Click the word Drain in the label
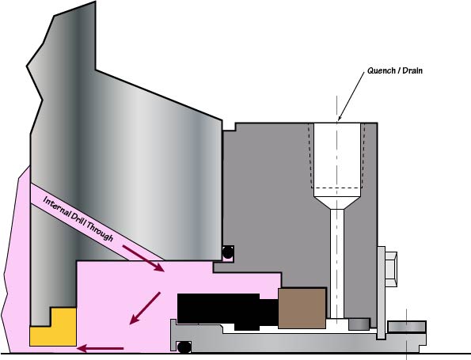click(x=412, y=71)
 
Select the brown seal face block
click(x=302, y=309)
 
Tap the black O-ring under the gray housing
click(x=228, y=252)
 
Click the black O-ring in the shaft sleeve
click(x=184, y=347)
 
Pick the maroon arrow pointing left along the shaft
click(x=101, y=349)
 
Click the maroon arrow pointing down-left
click(x=145, y=308)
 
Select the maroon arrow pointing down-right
click(x=143, y=258)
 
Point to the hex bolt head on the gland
click(x=391, y=269)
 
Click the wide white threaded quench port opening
click(x=337, y=160)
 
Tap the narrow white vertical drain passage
click(x=337, y=263)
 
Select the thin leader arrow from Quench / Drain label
click(x=351, y=97)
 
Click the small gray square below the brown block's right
click(x=359, y=324)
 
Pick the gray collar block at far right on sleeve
click(x=407, y=327)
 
